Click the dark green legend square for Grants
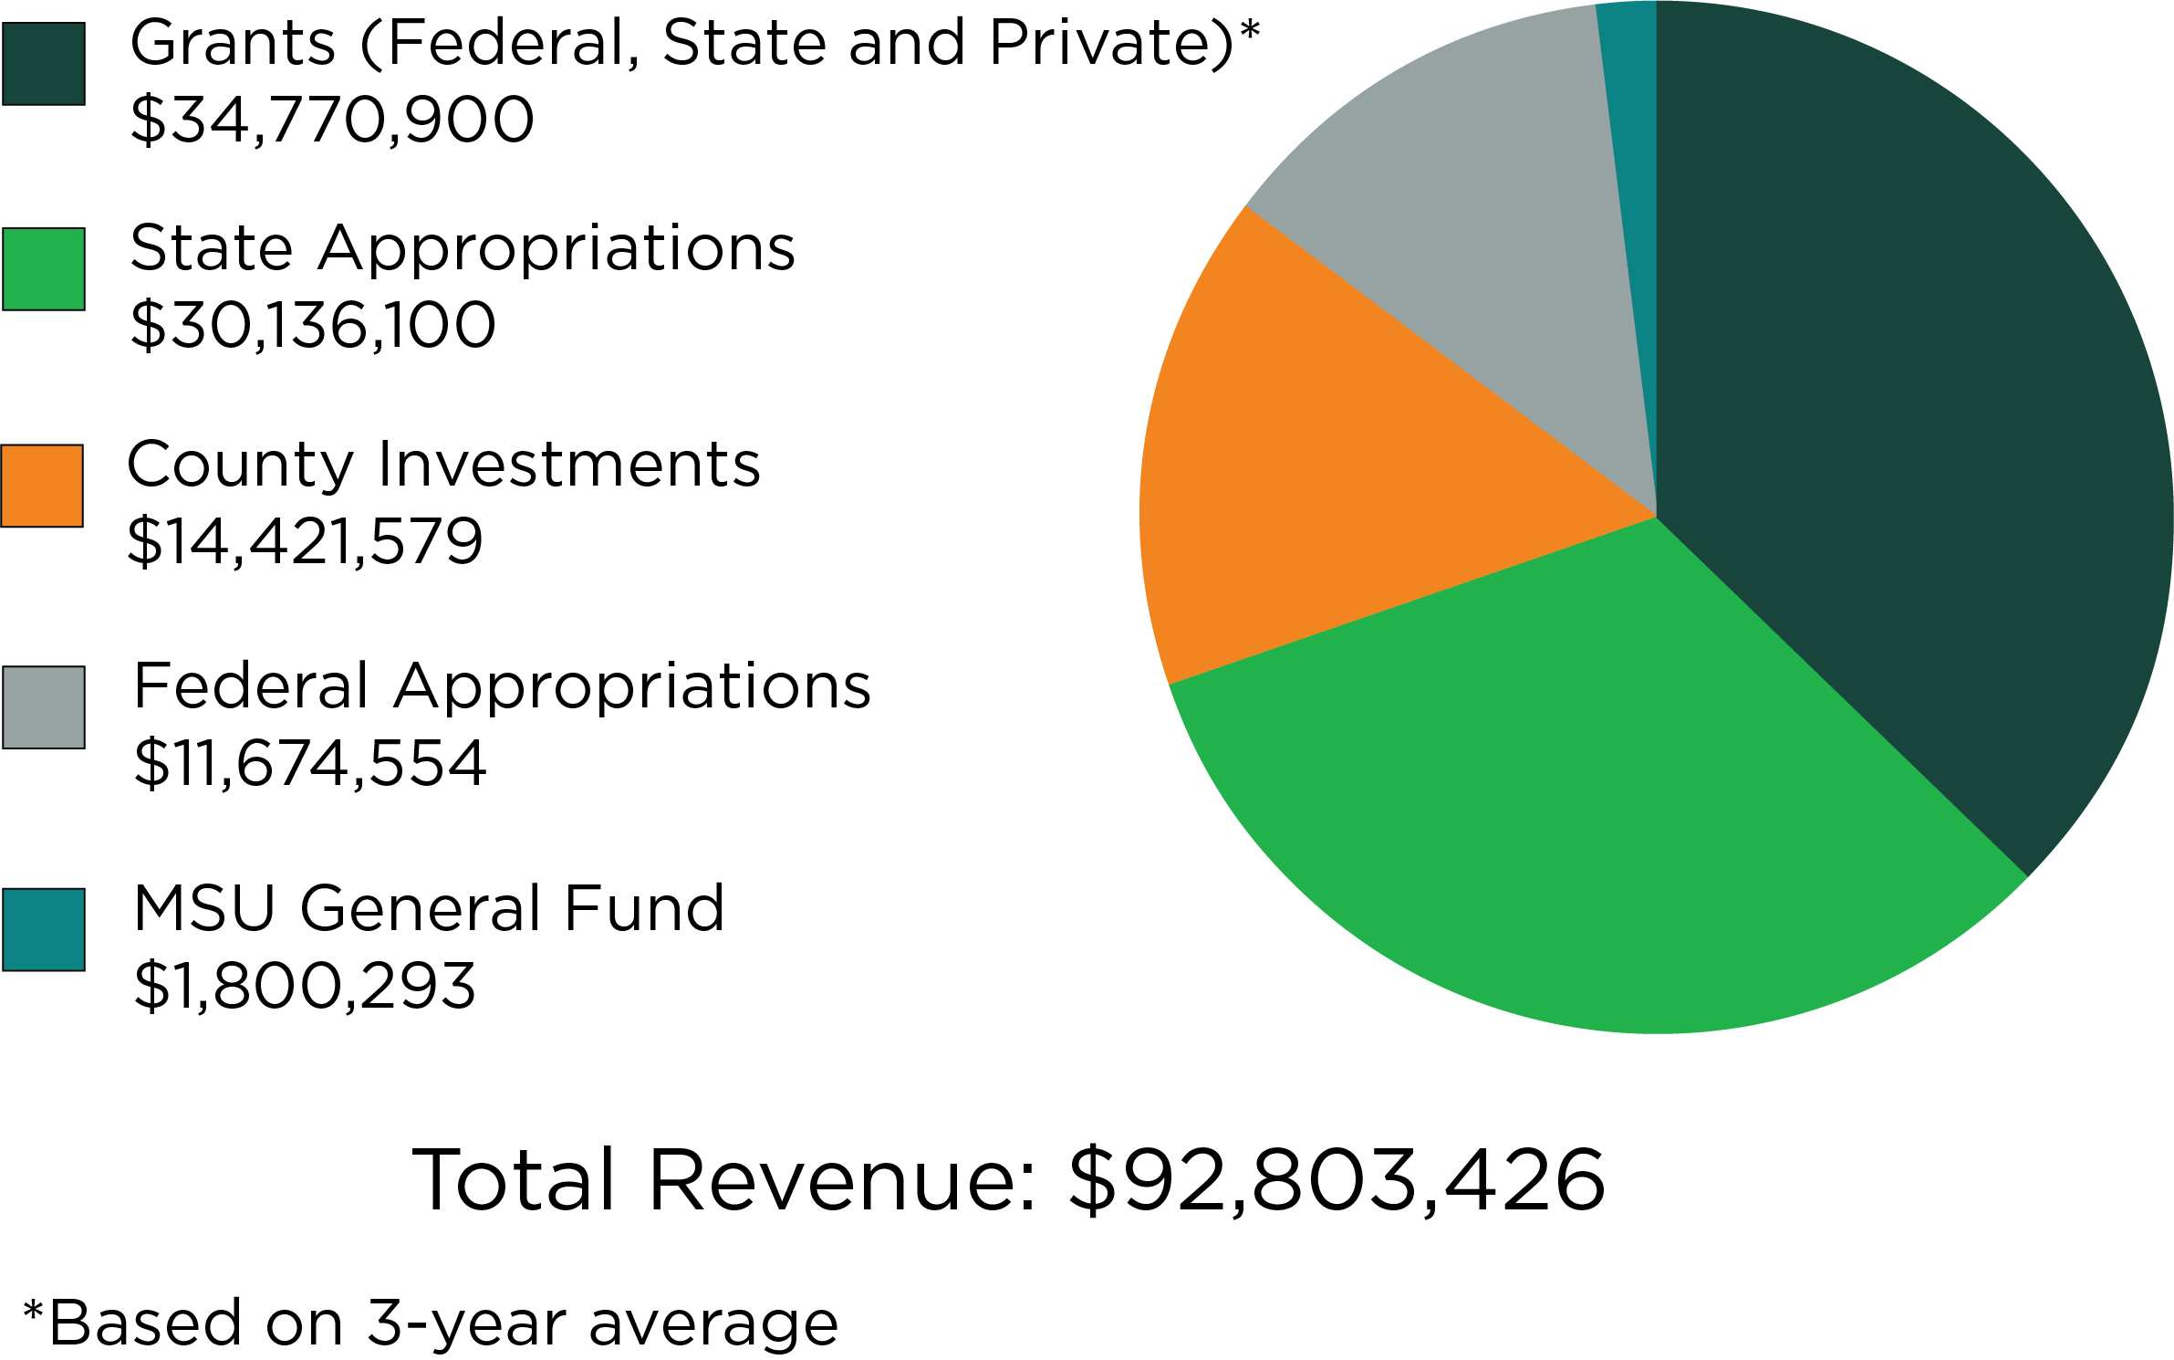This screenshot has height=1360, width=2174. [x=44, y=64]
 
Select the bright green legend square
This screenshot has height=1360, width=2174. [x=44, y=269]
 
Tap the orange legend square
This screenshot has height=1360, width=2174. [x=42, y=486]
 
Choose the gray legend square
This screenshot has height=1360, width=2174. [x=44, y=707]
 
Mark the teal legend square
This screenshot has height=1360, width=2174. [x=44, y=929]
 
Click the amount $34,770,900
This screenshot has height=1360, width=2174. [x=332, y=120]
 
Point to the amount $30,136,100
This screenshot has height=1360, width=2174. [x=313, y=325]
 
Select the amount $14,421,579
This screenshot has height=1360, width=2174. [x=305, y=541]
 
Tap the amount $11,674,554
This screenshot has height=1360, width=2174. [x=310, y=763]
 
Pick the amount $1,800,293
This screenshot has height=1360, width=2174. [x=305, y=986]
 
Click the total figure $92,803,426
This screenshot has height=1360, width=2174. [x=1337, y=1180]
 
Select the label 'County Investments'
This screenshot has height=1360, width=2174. [x=443, y=465]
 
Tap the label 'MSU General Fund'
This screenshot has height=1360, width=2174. [x=429, y=909]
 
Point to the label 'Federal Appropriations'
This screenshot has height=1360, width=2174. [x=502, y=686]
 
